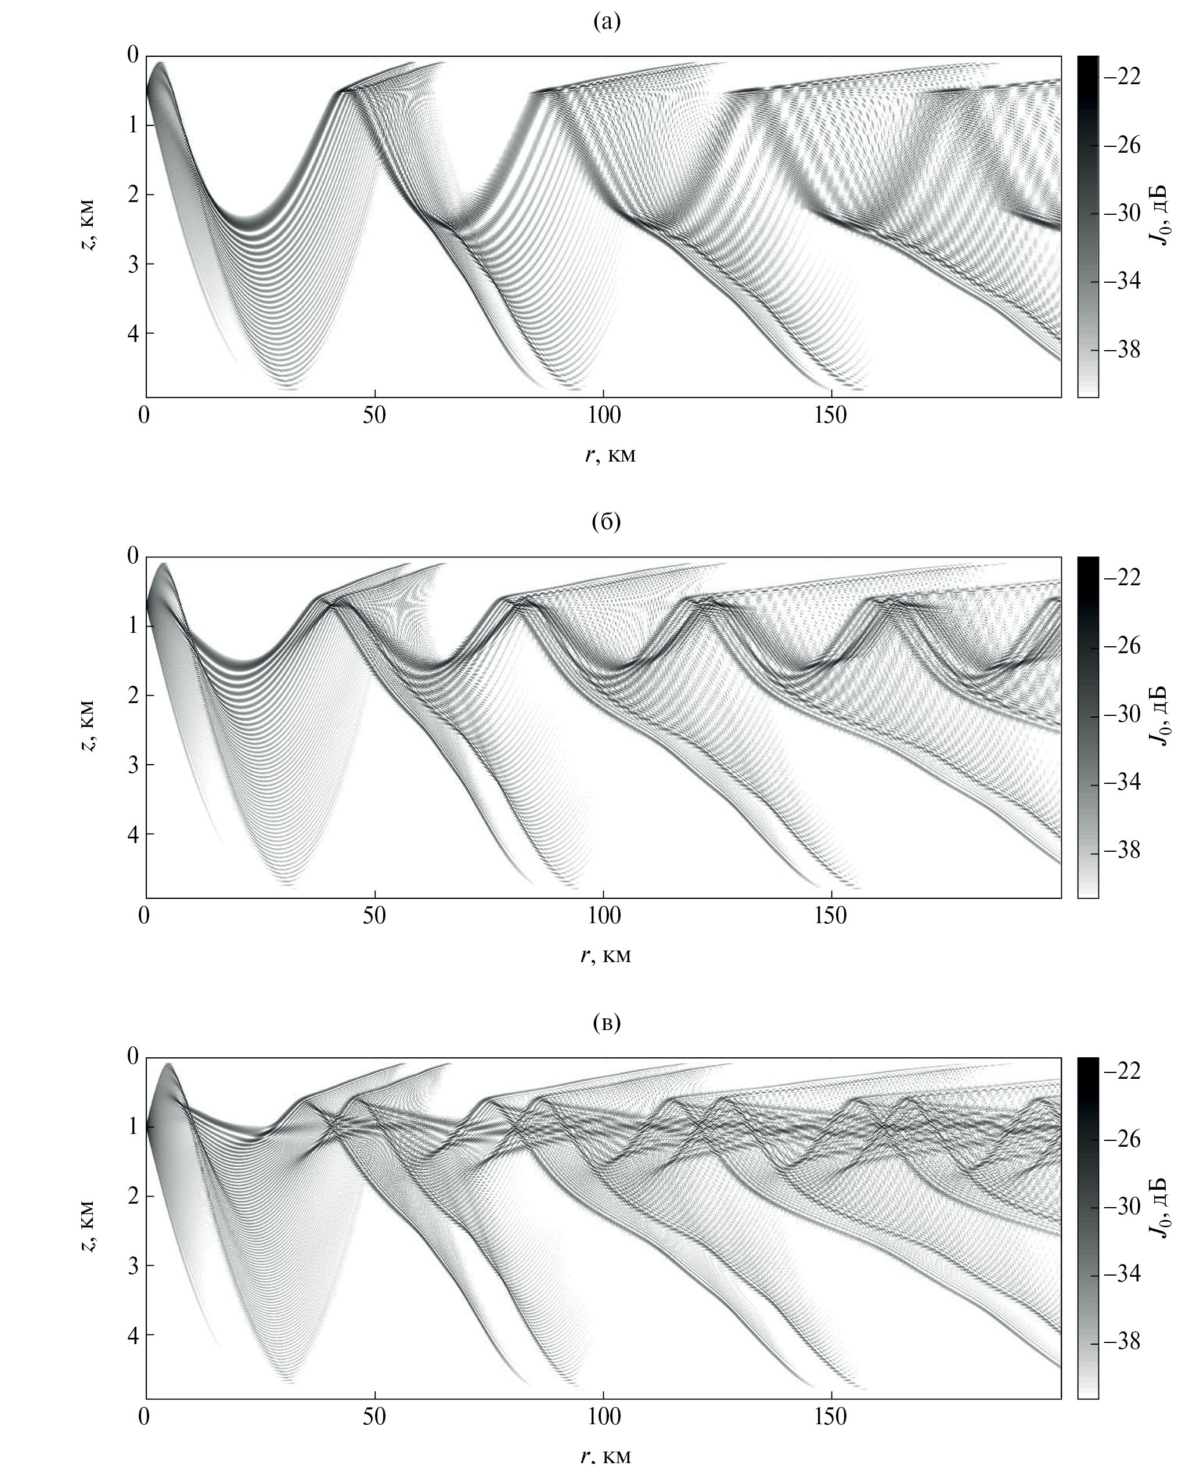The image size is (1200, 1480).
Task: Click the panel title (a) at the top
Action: (607, 22)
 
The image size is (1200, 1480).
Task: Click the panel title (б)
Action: (607, 523)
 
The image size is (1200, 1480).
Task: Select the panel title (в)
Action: (607, 1023)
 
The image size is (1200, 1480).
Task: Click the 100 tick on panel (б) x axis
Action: (603, 917)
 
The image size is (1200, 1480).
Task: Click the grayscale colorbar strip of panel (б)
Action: (1087, 726)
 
